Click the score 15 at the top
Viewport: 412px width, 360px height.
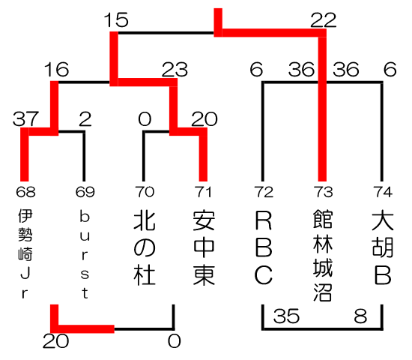click(x=116, y=19)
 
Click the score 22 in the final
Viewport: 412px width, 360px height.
click(x=323, y=20)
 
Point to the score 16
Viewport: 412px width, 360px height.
click(x=56, y=69)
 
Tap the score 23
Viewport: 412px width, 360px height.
click(x=175, y=70)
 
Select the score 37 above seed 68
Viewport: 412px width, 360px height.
click(x=25, y=118)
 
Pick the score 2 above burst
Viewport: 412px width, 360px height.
click(x=85, y=119)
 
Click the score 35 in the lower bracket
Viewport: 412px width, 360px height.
click(x=286, y=316)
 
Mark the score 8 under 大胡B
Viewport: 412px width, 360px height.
click(x=360, y=316)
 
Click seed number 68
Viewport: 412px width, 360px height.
click(x=25, y=192)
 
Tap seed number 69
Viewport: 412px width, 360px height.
click(x=85, y=192)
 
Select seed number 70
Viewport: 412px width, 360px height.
click(x=145, y=192)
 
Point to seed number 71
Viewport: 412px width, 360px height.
click(x=203, y=192)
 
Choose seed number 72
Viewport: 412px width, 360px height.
click(x=264, y=192)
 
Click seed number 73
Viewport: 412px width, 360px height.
click(x=323, y=192)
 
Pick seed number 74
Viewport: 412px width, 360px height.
click(x=383, y=192)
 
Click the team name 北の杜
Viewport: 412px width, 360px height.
click(x=145, y=248)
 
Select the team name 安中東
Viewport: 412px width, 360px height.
click(x=205, y=248)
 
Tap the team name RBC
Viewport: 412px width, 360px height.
click(x=264, y=248)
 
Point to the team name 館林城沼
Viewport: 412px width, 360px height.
click(x=323, y=255)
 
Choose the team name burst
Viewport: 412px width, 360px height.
click(x=85, y=255)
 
